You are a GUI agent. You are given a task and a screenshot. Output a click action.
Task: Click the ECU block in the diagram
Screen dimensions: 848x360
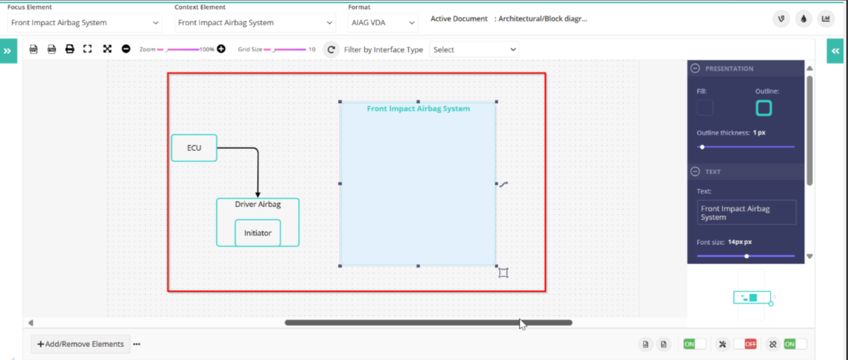194,147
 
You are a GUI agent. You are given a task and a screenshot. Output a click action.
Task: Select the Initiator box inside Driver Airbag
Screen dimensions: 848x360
258,233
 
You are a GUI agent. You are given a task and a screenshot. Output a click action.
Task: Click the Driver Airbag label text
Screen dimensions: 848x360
258,204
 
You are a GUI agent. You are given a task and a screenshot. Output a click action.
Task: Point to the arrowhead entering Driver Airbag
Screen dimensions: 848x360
258,195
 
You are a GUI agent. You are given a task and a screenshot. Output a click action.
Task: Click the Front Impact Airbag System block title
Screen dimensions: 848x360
418,108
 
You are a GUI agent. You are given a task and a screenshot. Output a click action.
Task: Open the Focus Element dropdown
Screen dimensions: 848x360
84,23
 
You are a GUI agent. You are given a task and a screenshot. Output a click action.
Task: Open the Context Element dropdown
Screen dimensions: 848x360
255,23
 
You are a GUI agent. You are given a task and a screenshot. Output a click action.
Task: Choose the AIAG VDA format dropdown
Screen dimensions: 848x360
383,23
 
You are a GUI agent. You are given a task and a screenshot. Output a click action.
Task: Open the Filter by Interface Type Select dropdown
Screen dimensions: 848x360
474,49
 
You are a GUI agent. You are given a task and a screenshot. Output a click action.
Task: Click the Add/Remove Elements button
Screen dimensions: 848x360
80,344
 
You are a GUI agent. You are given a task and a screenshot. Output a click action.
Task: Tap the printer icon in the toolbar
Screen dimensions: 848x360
70,49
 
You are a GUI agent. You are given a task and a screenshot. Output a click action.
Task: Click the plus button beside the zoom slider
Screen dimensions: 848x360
221,49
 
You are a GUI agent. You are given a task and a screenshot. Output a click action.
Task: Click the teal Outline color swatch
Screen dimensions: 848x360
764,108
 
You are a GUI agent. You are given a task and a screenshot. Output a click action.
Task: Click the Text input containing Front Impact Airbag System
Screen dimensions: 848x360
747,213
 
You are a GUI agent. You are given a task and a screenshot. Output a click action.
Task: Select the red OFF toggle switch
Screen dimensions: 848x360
745,344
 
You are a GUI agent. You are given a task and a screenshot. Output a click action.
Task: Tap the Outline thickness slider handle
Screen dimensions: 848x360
702,147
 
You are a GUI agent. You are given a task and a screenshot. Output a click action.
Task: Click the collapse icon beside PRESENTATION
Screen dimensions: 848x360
695,68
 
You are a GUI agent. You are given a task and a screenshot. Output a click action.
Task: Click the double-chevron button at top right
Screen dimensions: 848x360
835,51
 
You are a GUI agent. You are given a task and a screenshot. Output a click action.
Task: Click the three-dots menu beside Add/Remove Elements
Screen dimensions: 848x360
136,344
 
